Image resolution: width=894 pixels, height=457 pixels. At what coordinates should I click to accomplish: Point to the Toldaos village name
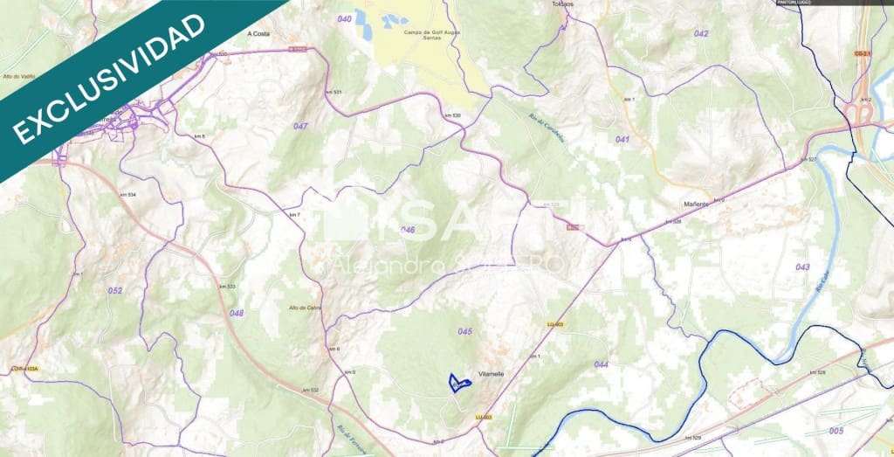pyautogui.click(x=563, y=4)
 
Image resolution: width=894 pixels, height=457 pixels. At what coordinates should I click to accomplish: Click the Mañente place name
pyautogui.click(x=695, y=204)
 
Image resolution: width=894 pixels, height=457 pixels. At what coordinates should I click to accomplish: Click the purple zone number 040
pyautogui.click(x=344, y=18)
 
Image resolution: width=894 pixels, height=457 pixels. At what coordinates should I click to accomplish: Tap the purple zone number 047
pyautogui.click(x=300, y=127)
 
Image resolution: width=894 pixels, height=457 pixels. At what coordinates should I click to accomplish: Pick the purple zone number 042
pyautogui.click(x=701, y=33)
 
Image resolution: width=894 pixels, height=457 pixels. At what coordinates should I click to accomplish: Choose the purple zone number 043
pyautogui.click(x=802, y=267)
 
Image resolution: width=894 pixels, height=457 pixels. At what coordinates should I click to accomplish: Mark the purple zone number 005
pyautogui.click(x=836, y=431)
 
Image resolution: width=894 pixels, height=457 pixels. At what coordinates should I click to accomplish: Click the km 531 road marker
pyautogui.click(x=332, y=92)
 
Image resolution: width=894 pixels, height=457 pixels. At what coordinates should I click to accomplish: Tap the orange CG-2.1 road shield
pyautogui.click(x=863, y=53)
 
